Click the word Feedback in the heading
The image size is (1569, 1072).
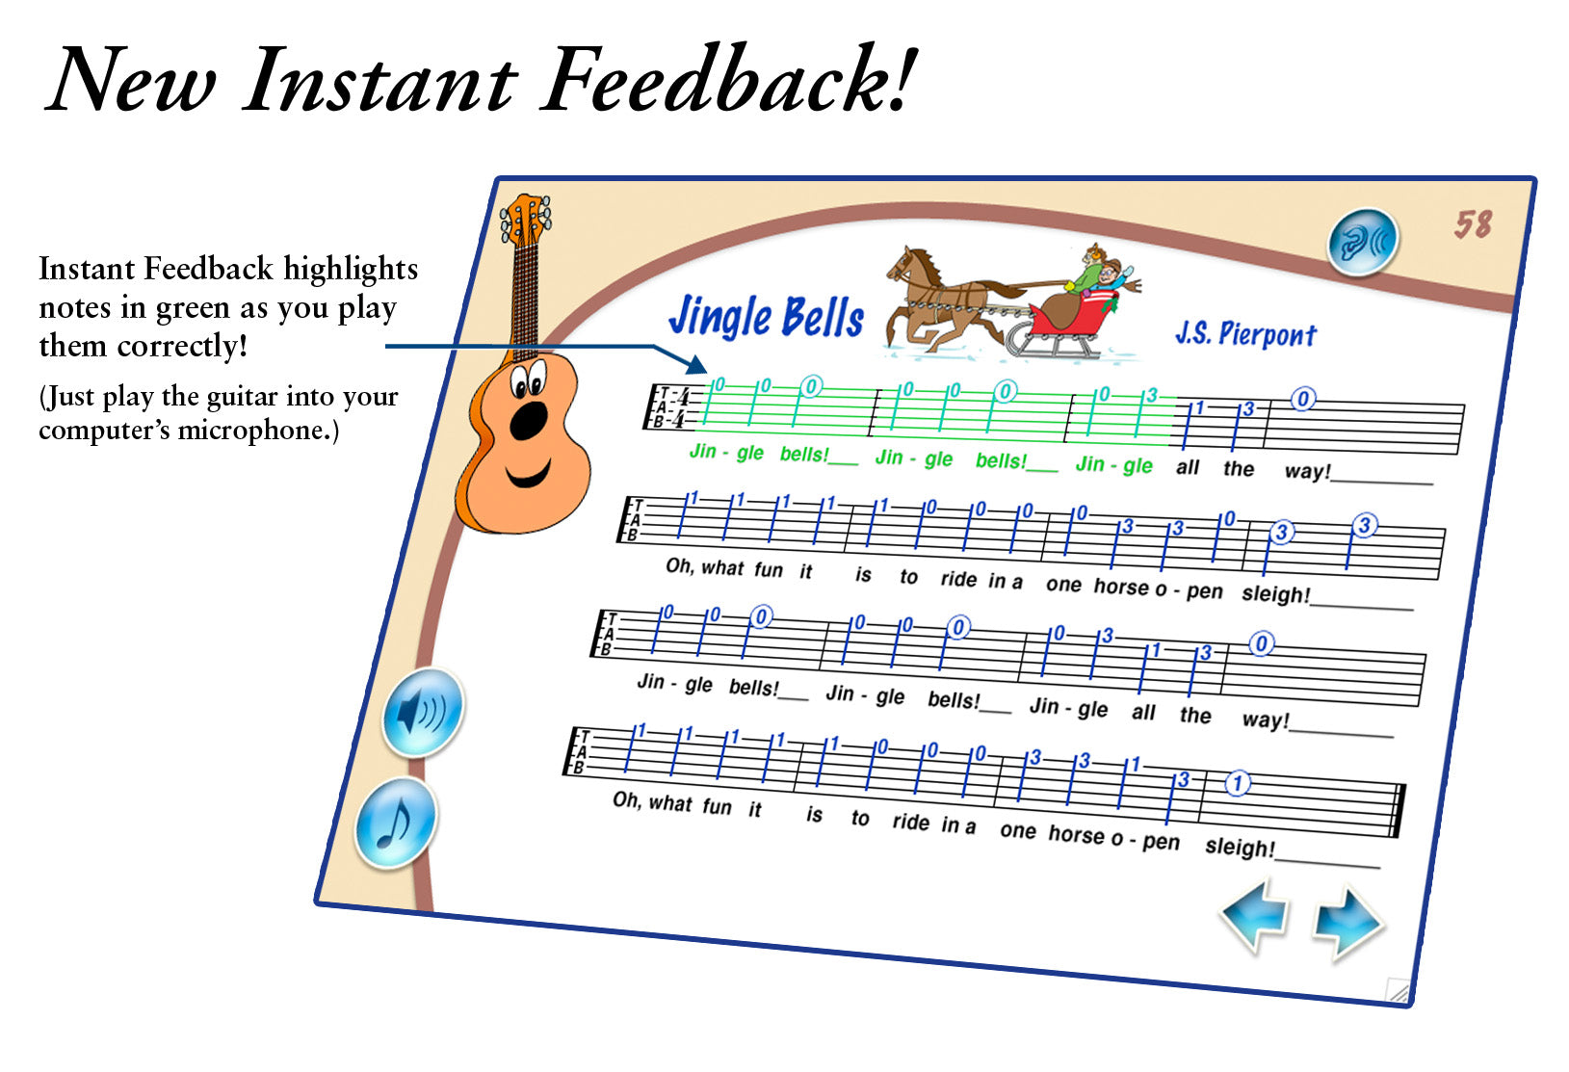tap(728, 78)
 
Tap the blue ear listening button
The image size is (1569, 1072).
tap(1363, 241)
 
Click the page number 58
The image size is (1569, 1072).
tap(1473, 225)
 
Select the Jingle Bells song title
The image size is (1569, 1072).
tap(767, 316)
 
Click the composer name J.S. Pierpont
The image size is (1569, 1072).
tap(1245, 333)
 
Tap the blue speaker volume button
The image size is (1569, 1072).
tap(423, 713)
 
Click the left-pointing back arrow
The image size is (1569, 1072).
tap(1255, 914)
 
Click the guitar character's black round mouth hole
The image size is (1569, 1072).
tap(528, 421)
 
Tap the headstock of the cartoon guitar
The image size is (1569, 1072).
tap(525, 218)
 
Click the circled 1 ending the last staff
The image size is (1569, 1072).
tap(1237, 783)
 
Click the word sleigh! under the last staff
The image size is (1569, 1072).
tap(1240, 847)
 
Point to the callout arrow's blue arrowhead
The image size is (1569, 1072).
tap(696, 363)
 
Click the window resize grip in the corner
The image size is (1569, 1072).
tap(1399, 990)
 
